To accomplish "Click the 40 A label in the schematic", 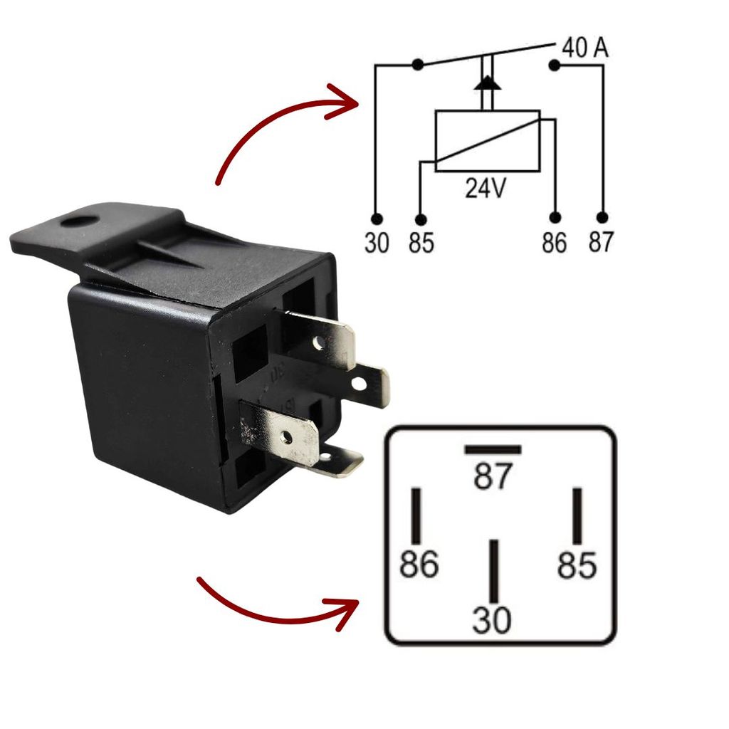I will [x=585, y=48].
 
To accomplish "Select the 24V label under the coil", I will [x=486, y=188].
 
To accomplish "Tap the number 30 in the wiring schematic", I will [x=377, y=243].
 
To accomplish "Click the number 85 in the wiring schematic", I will [x=421, y=243].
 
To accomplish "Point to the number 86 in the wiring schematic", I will [x=555, y=243].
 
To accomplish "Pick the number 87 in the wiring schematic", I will [x=601, y=243].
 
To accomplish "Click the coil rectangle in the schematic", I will [x=487, y=140].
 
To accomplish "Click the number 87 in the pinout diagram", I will [x=493, y=477].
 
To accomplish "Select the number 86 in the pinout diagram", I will [x=418, y=565].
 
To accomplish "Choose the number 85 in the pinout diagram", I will [x=577, y=565].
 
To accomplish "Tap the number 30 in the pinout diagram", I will [x=492, y=620].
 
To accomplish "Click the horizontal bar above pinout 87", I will [x=493, y=450].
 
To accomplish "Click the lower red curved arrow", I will [x=278, y=612].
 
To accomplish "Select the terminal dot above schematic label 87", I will [x=602, y=217].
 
